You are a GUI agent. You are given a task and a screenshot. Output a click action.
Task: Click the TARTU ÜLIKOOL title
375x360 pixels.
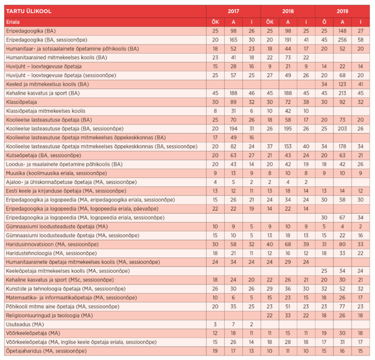click(29, 11)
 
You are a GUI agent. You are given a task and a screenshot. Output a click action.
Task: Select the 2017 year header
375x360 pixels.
click(233, 11)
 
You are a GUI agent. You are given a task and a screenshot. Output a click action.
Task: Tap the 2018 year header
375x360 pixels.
click(288, 11)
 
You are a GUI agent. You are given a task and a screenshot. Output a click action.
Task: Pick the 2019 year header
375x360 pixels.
click(342, 11)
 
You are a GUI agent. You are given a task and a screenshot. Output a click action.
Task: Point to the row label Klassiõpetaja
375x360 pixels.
click(23, 101)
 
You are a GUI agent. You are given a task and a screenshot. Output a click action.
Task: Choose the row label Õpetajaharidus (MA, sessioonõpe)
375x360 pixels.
click(46, 351)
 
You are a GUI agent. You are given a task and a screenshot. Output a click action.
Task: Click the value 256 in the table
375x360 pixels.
click(342, 40)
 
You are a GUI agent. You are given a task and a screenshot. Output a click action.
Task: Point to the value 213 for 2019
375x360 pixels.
click(342, 93)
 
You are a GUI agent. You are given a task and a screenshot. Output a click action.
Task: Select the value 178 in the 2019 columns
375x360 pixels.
click(342, 146)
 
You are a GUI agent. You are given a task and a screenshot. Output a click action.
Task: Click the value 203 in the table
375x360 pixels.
click(342, 128)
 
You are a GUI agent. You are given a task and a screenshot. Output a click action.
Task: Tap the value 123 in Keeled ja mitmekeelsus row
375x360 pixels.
click(342, 84)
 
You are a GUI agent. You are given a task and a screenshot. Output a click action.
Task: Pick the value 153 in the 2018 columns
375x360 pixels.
click(288, 146)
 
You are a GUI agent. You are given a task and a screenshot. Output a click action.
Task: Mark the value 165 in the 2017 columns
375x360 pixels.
click(233, 40)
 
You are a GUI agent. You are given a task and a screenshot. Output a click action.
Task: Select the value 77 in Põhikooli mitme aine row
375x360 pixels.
click(342, 306)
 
